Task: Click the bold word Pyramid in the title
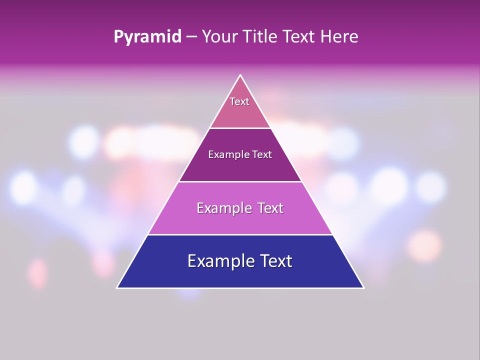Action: (147, 37)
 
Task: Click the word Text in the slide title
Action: (299, 37)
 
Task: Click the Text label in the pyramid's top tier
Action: (239, 101)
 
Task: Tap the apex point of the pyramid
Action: (240, 75)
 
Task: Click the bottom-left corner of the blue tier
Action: (117, 287)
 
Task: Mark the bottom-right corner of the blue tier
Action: (363, 287)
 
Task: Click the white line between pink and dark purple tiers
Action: (240, 128)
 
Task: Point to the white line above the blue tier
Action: (240, 234)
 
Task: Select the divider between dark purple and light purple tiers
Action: (240, 181)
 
